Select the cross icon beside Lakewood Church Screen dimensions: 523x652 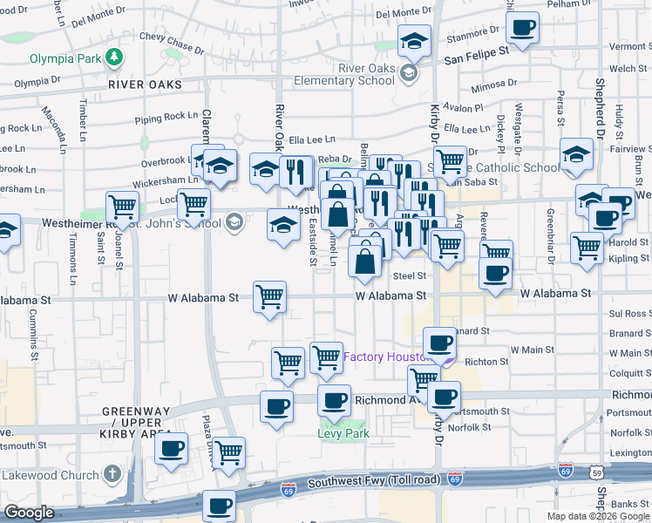point(111,475)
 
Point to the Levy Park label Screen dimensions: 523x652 point(343,433)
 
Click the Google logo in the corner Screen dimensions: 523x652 point(29,513)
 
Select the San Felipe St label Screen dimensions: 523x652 point(477,53)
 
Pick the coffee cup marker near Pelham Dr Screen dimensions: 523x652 point(522,29)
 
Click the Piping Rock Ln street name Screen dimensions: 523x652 point(166,116)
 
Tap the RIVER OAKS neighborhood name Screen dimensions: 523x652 point(146,85)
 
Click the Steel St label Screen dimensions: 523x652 point(408,275)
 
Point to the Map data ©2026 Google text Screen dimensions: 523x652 point(597,516)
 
